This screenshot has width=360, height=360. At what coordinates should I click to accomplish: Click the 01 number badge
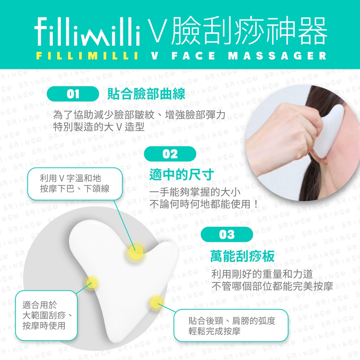tap(73, 94)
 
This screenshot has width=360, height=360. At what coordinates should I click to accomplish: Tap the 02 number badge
tap(170, 154)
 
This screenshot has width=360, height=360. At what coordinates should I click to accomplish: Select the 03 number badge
tap(227, 234)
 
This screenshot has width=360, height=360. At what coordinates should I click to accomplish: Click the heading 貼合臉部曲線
tap(146, 94)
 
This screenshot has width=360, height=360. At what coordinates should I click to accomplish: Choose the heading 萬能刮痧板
tap(243, 256)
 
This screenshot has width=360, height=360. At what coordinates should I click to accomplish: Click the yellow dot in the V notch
tap(136, 252)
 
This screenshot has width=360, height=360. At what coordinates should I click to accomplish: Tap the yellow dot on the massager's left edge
tap(92, 282)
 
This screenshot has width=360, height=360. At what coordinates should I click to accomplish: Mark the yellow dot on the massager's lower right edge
tap(156, 302)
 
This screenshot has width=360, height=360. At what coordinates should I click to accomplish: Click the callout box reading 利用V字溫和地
tap(75, 184)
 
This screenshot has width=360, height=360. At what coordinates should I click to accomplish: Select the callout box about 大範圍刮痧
tap(46, 315)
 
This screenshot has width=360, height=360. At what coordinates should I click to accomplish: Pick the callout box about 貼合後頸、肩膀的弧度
tap(231, 326)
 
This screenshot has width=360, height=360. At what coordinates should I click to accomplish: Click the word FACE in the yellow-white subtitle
tap(193, 56)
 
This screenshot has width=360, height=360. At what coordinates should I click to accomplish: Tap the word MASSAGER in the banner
tap(277, 56)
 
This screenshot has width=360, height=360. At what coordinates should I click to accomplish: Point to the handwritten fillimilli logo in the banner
tap(88, 32)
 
